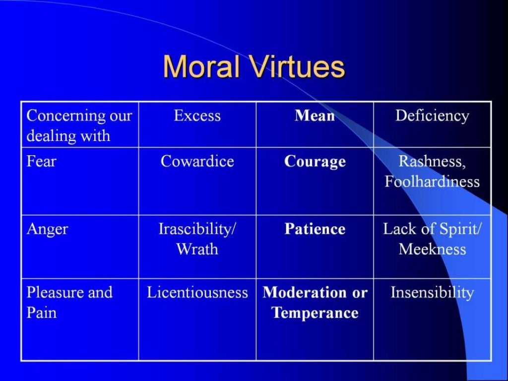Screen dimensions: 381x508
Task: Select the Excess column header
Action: coord(197,116)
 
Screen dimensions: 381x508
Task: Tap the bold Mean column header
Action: coord(315,116)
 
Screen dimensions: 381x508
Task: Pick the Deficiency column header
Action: coord(432,116)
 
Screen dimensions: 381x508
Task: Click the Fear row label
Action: coord(41,162)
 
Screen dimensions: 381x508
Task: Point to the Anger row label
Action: coord(47,229)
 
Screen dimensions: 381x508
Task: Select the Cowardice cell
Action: coord(197,162)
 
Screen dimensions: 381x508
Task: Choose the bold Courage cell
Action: coord(315,162)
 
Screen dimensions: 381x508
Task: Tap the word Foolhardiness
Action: coord(432,181)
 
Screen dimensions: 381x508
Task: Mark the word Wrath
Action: coord(197,249)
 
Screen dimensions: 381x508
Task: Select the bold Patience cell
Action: coord(315,229)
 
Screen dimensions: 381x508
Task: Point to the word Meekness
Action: coord(432,249)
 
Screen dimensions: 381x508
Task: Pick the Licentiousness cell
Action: coord(197,293)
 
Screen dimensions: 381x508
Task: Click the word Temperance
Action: coord(315,313)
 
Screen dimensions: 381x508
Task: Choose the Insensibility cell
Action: coord(432,293)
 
